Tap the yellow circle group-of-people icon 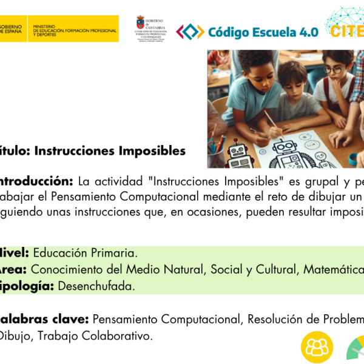[x=317, y=348]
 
